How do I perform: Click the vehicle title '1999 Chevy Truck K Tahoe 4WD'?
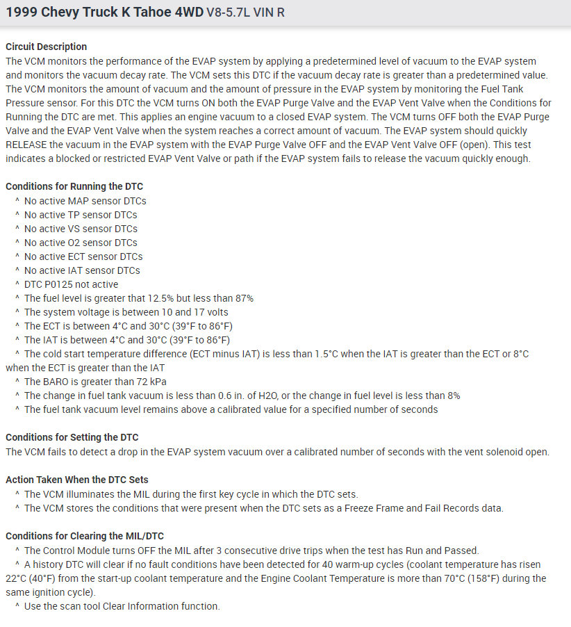[104, 13]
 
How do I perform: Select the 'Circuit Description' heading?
[47, 47]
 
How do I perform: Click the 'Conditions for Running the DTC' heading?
[74, 186]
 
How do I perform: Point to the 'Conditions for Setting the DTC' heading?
[72, 437]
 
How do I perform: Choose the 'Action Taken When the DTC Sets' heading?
[77, 480]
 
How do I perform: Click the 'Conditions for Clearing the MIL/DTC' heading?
[85, 536]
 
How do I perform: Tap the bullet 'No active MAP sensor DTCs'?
[85, 201]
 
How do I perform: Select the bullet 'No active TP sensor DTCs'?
[81, 215]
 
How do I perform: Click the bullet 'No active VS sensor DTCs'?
[81, 229]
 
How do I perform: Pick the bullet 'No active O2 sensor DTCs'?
[81, 243]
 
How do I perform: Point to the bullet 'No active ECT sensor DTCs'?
[83, 256]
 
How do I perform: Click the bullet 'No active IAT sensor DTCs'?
[82, 270]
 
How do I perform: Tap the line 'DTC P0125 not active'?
[71, 284]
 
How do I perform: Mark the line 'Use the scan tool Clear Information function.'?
[122, 606]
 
